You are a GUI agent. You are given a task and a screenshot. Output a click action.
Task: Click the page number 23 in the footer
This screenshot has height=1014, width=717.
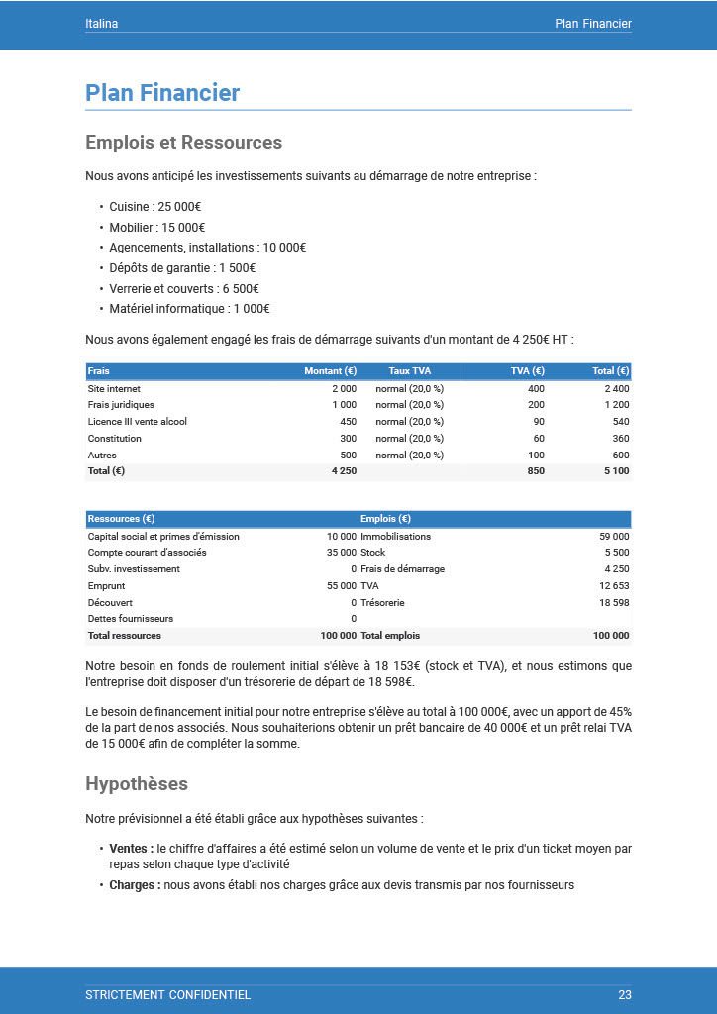coord(624,994)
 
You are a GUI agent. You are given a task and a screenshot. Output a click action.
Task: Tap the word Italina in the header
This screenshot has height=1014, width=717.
coord(101,24)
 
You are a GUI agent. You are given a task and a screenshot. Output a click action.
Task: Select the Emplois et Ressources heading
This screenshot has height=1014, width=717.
coord(183,143)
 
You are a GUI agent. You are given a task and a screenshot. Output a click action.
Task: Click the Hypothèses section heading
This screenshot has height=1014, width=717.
coord(137,784)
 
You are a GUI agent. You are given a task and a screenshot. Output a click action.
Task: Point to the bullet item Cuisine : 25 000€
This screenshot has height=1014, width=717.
coord(154,207)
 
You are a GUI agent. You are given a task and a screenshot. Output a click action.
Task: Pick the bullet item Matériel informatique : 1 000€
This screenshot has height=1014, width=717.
coord(175,308)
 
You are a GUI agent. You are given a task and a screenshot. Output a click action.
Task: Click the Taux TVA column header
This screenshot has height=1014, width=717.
coord(409,371)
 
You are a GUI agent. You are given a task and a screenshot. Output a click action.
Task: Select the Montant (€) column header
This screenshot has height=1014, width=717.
coord(330,371)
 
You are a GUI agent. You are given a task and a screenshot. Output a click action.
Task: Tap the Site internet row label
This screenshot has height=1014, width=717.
coord(114,389)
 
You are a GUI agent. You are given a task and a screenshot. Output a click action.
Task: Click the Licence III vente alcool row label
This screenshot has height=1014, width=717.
coord(137,422)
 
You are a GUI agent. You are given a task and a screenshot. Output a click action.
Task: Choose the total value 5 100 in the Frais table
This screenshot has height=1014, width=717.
coord(617,471)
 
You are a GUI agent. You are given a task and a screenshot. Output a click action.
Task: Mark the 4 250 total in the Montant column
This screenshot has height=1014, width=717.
coord(344,471)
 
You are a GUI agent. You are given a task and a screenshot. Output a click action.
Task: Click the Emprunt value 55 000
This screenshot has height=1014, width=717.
coord(341,586)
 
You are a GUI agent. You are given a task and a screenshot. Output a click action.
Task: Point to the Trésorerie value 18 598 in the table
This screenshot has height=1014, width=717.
coord(614,602)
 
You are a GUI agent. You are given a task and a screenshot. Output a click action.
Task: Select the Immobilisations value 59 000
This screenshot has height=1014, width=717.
coord(614,537)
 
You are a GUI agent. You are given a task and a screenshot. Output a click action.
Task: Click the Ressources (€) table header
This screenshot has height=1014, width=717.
coord(121,519)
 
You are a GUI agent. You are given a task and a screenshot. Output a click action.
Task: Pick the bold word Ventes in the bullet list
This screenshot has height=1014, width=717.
coord(131,849)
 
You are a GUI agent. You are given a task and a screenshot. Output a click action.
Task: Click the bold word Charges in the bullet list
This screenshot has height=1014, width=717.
coord(135,885)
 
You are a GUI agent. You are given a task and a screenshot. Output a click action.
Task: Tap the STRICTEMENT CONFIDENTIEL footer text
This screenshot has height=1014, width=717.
coord(167,994)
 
